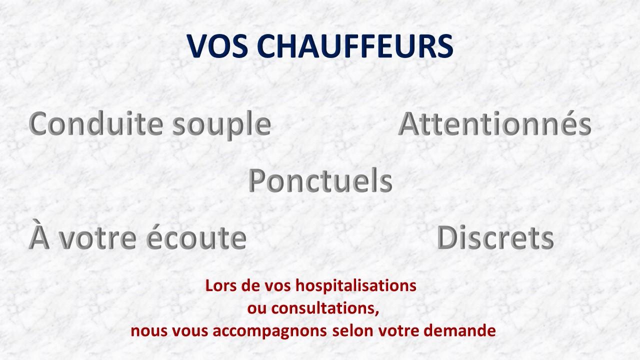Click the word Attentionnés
coord(495,124)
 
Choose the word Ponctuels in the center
coord(320,181)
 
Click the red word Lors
coord(217,286)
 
